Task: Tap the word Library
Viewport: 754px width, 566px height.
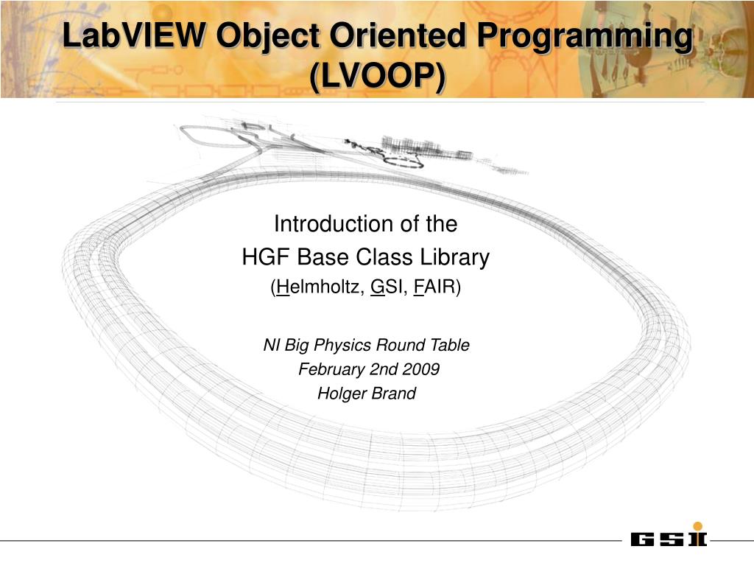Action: click(454, 258)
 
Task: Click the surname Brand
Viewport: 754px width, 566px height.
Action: click(394, 394)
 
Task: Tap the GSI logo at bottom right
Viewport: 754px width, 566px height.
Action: click(669, 539)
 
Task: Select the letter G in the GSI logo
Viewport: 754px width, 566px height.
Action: click(642, 540)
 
